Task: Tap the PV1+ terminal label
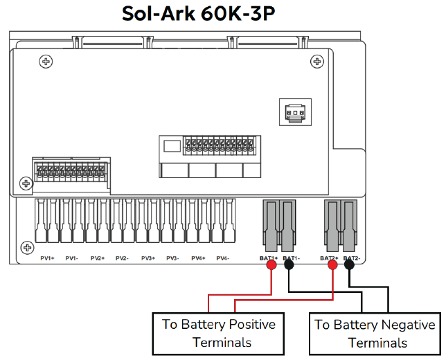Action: pos(47,258)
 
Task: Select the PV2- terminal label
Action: pos(122,258)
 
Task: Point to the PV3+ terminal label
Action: pos(148,258)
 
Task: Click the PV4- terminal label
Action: pos(222,258)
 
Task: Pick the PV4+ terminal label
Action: pos(198,258)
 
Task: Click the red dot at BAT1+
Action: pos(271,264)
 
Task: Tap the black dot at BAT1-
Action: pos(289,264)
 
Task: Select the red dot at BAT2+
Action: pos(333,264)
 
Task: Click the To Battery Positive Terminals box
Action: pos(219,333)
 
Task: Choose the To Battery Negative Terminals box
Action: pos(375,333)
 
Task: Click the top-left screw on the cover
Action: pos(46,62)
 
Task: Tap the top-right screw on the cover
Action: pos(317,62)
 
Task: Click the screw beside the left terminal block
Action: pos(26,183)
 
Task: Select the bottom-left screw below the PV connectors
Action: pos(26,247)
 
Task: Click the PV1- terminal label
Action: pos(71,258)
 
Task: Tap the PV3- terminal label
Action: pos(172,258)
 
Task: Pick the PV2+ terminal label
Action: pos(97,258)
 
